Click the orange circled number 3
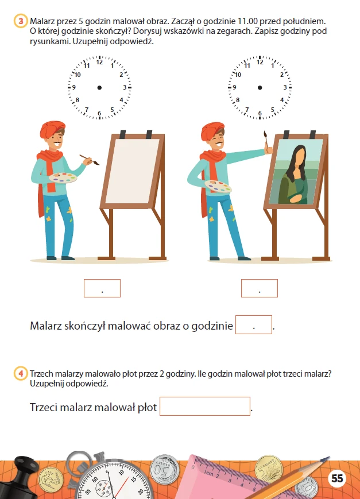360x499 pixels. pyautogui.click(x=21, y=21)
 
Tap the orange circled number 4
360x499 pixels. pyautogui.click(x=21, y=373)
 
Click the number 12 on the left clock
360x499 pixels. pyautogui.click(x=100, y=63)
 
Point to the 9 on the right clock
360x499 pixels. pyautogui.click(x=235, y=87)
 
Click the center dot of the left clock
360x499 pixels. pyautogui.click(x=99, y=87)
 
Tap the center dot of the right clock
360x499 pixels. pyautogui.click(x=260, y=87)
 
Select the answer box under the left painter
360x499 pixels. pyautogui.click(x=102, y=288)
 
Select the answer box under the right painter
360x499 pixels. pyautogui.click(x=260, y=288)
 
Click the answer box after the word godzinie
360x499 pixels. pyautogui.click(x=254, y=324)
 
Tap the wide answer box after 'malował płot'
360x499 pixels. pyautogui.click(x=204, y=406)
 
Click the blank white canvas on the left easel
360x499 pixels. pyautogui.click(x=133, y=171)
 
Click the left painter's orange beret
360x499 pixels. pyautogui.click(x=52, y=130)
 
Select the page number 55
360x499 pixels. pyautogui.click(x=337, y=478)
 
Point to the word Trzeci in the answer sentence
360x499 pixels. pyautogui.click(x=43, y=407)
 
